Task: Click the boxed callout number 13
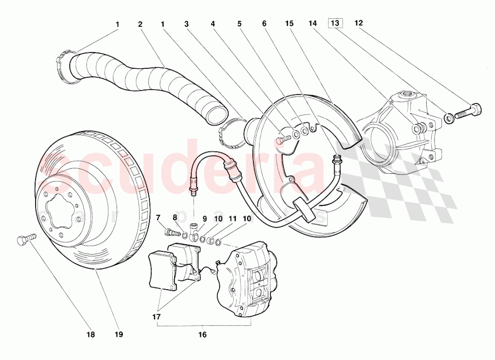click(335, 23)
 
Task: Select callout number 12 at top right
click(358, 23)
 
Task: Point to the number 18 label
click(90, 335)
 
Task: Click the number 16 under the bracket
click(202, 335)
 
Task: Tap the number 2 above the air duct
click(141, 24)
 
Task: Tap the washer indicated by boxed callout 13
click(448, 118)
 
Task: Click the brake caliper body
click(247, 280)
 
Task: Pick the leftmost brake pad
click(162, 270)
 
